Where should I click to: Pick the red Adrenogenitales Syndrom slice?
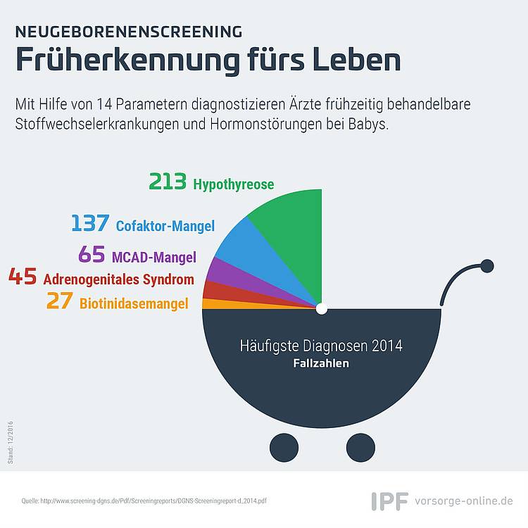pos(229,292)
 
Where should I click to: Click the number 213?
pos(168,181)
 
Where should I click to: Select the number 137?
pos(90,222)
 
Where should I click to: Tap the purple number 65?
pos(92,254)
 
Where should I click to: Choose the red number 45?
pos(23,277)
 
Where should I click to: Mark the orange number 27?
pos(60,301)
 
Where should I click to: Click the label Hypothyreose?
pos(233,184)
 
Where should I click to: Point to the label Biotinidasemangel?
pos(134,303)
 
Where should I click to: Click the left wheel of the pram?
pos(284,448)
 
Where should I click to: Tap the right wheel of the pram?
pos(360,448)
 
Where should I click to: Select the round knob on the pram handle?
pos(487,266)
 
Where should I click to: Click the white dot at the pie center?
pos(322,309)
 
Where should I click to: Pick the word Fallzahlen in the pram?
pos(321,363)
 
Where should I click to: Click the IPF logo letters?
pos(390,501)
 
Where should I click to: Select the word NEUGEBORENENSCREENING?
pos(129,32)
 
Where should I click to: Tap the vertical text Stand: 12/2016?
pos(11,443)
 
